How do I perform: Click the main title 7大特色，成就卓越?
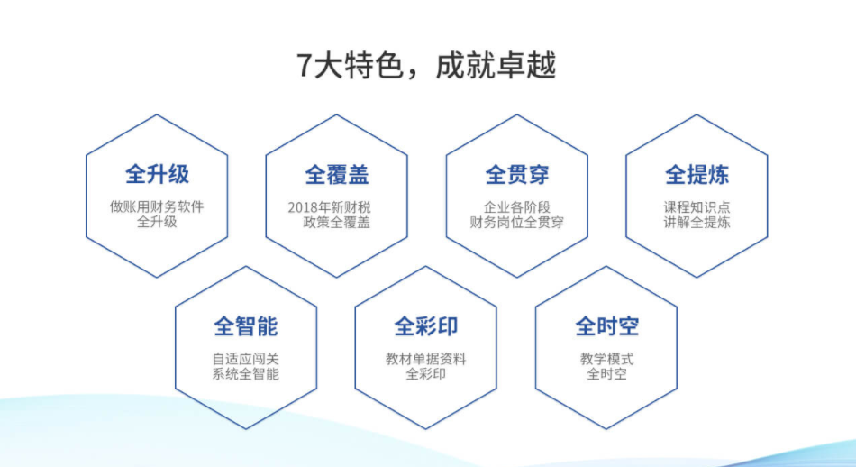pyautogui.click(x=426, y=65)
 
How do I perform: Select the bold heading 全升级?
pyautogui.click(x=157, y=174)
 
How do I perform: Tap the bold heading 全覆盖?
pyautogui.click(x=337, y=175)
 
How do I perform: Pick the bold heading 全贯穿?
pyautogui.click(x=517, y=175)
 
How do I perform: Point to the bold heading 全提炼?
pyautogui.click(x=697, y=175)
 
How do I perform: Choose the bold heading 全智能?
pyautogui.click(x=246, y=326)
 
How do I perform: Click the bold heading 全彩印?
pyautogui.click(x=426, y=326)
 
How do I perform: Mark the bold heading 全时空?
pyautogui.click(x=606, y=326)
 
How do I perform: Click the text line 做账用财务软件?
pyautogui.click(x=157, y=206)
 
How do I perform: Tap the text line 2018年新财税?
pyautogui.click(x=329, y=207)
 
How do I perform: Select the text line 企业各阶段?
pyautogui.click(x=517, y=207)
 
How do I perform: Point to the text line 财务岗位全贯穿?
pyautogui.click(x=517, y=222)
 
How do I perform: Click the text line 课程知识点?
pyautogui.click(x=697, y=207)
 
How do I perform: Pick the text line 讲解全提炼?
pyautogui.click(x=697, y=222)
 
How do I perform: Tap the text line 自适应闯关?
pyautogui.click(x=246, y=359)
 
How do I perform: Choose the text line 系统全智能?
pyautogui.click(x=246, y=373)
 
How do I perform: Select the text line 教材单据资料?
pyautogui.click(x=426, y=359)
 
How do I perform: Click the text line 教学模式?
pyautogui.click(x=606, y=359)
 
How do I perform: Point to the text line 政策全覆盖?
pyautogui.click(x=337, y=222)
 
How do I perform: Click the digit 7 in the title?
pyautogui.click(x=304, y=66)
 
